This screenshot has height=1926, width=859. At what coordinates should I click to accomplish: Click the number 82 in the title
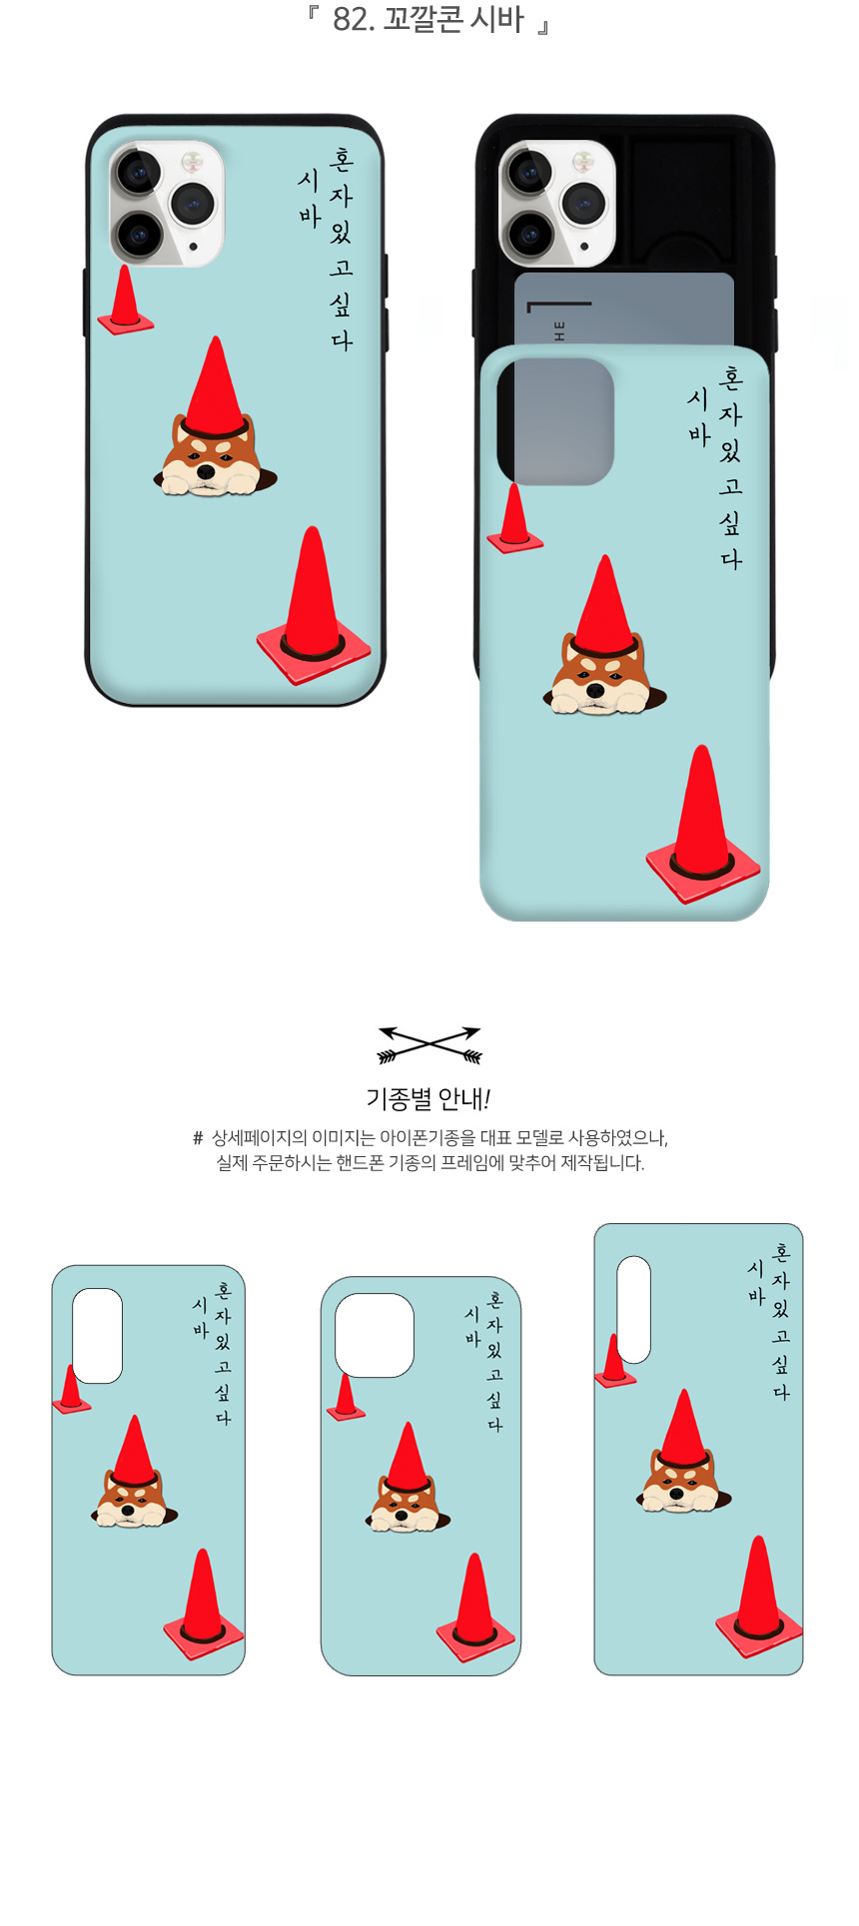[350, 19]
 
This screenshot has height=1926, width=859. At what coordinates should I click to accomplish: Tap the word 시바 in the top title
[497, 19]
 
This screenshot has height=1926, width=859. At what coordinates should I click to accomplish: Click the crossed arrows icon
[429, 1044]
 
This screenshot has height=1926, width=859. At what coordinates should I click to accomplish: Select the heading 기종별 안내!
[429, 1099]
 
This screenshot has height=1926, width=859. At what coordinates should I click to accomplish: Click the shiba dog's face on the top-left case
[211, 461]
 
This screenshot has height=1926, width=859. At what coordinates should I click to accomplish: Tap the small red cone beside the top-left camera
[125, 300]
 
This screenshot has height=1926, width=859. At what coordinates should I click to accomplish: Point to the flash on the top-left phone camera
[190, 160]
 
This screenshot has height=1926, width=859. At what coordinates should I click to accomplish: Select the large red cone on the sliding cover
[702, 825]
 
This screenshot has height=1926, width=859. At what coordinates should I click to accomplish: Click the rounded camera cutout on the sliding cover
[555, 421]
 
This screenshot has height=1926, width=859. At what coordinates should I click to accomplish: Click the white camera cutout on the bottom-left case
[98, 1336]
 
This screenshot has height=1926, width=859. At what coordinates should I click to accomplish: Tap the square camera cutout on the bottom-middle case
[375, 1336]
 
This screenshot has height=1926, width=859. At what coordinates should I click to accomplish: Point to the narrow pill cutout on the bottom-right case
[633, 1310]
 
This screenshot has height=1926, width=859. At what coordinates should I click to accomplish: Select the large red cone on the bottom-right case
[759, 1596]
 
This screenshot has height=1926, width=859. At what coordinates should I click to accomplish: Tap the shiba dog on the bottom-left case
[134, 1499]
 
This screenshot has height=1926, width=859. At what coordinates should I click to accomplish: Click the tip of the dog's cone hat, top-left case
[215, 337]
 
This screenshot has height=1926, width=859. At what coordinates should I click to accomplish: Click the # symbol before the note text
[198, 1138]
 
